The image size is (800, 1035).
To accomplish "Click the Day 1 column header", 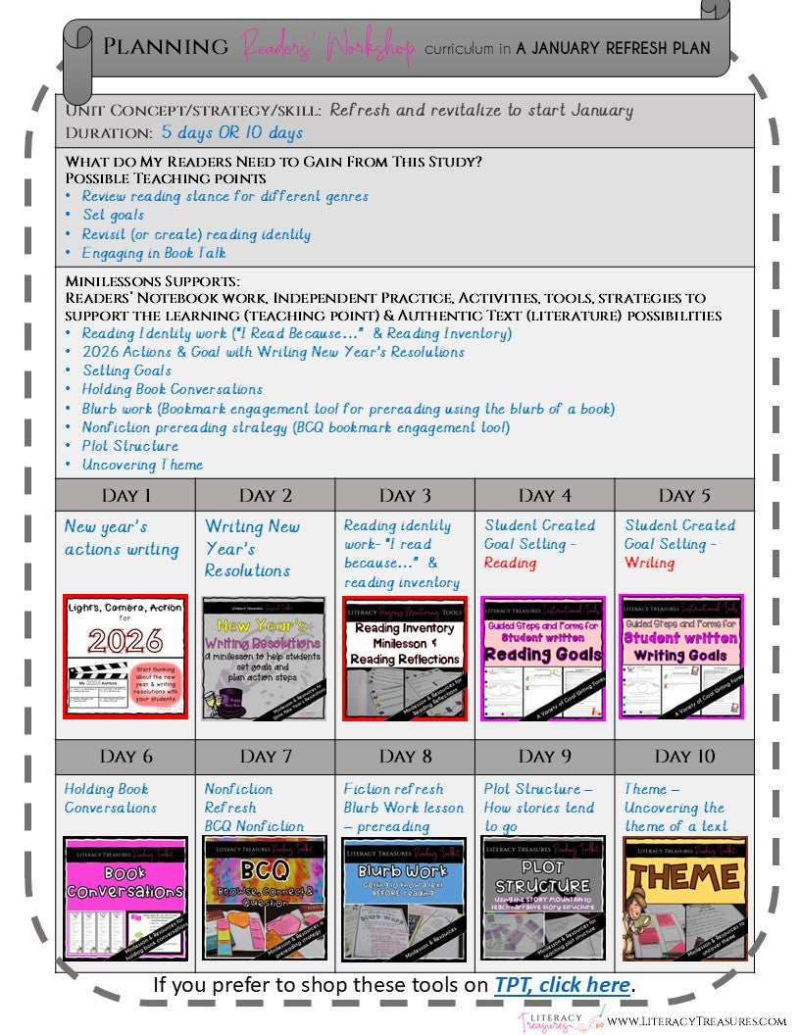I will [126, 495].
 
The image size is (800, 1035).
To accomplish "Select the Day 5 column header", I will [685, 495].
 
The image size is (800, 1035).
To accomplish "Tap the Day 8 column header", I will [405, 756].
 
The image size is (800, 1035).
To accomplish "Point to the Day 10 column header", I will [685, 756].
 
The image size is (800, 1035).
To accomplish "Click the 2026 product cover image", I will [125, 657].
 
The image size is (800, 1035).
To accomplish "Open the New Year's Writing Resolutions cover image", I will [266, 657].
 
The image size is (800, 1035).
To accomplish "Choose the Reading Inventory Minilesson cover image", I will [405, 657].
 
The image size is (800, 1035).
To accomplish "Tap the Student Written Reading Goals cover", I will [545, 657].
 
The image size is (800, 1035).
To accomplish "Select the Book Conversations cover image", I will [125, 898].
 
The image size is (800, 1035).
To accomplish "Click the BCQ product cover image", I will [266, 898].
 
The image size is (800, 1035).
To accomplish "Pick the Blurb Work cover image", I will [405, 898].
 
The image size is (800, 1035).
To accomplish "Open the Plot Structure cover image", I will [545, 898].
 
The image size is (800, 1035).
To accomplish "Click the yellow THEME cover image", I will [685, 898].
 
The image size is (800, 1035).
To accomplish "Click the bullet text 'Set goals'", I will [113, 215].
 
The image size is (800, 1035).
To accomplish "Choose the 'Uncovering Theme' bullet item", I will [142, 465].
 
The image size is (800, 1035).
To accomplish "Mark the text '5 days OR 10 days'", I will [232, 132].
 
